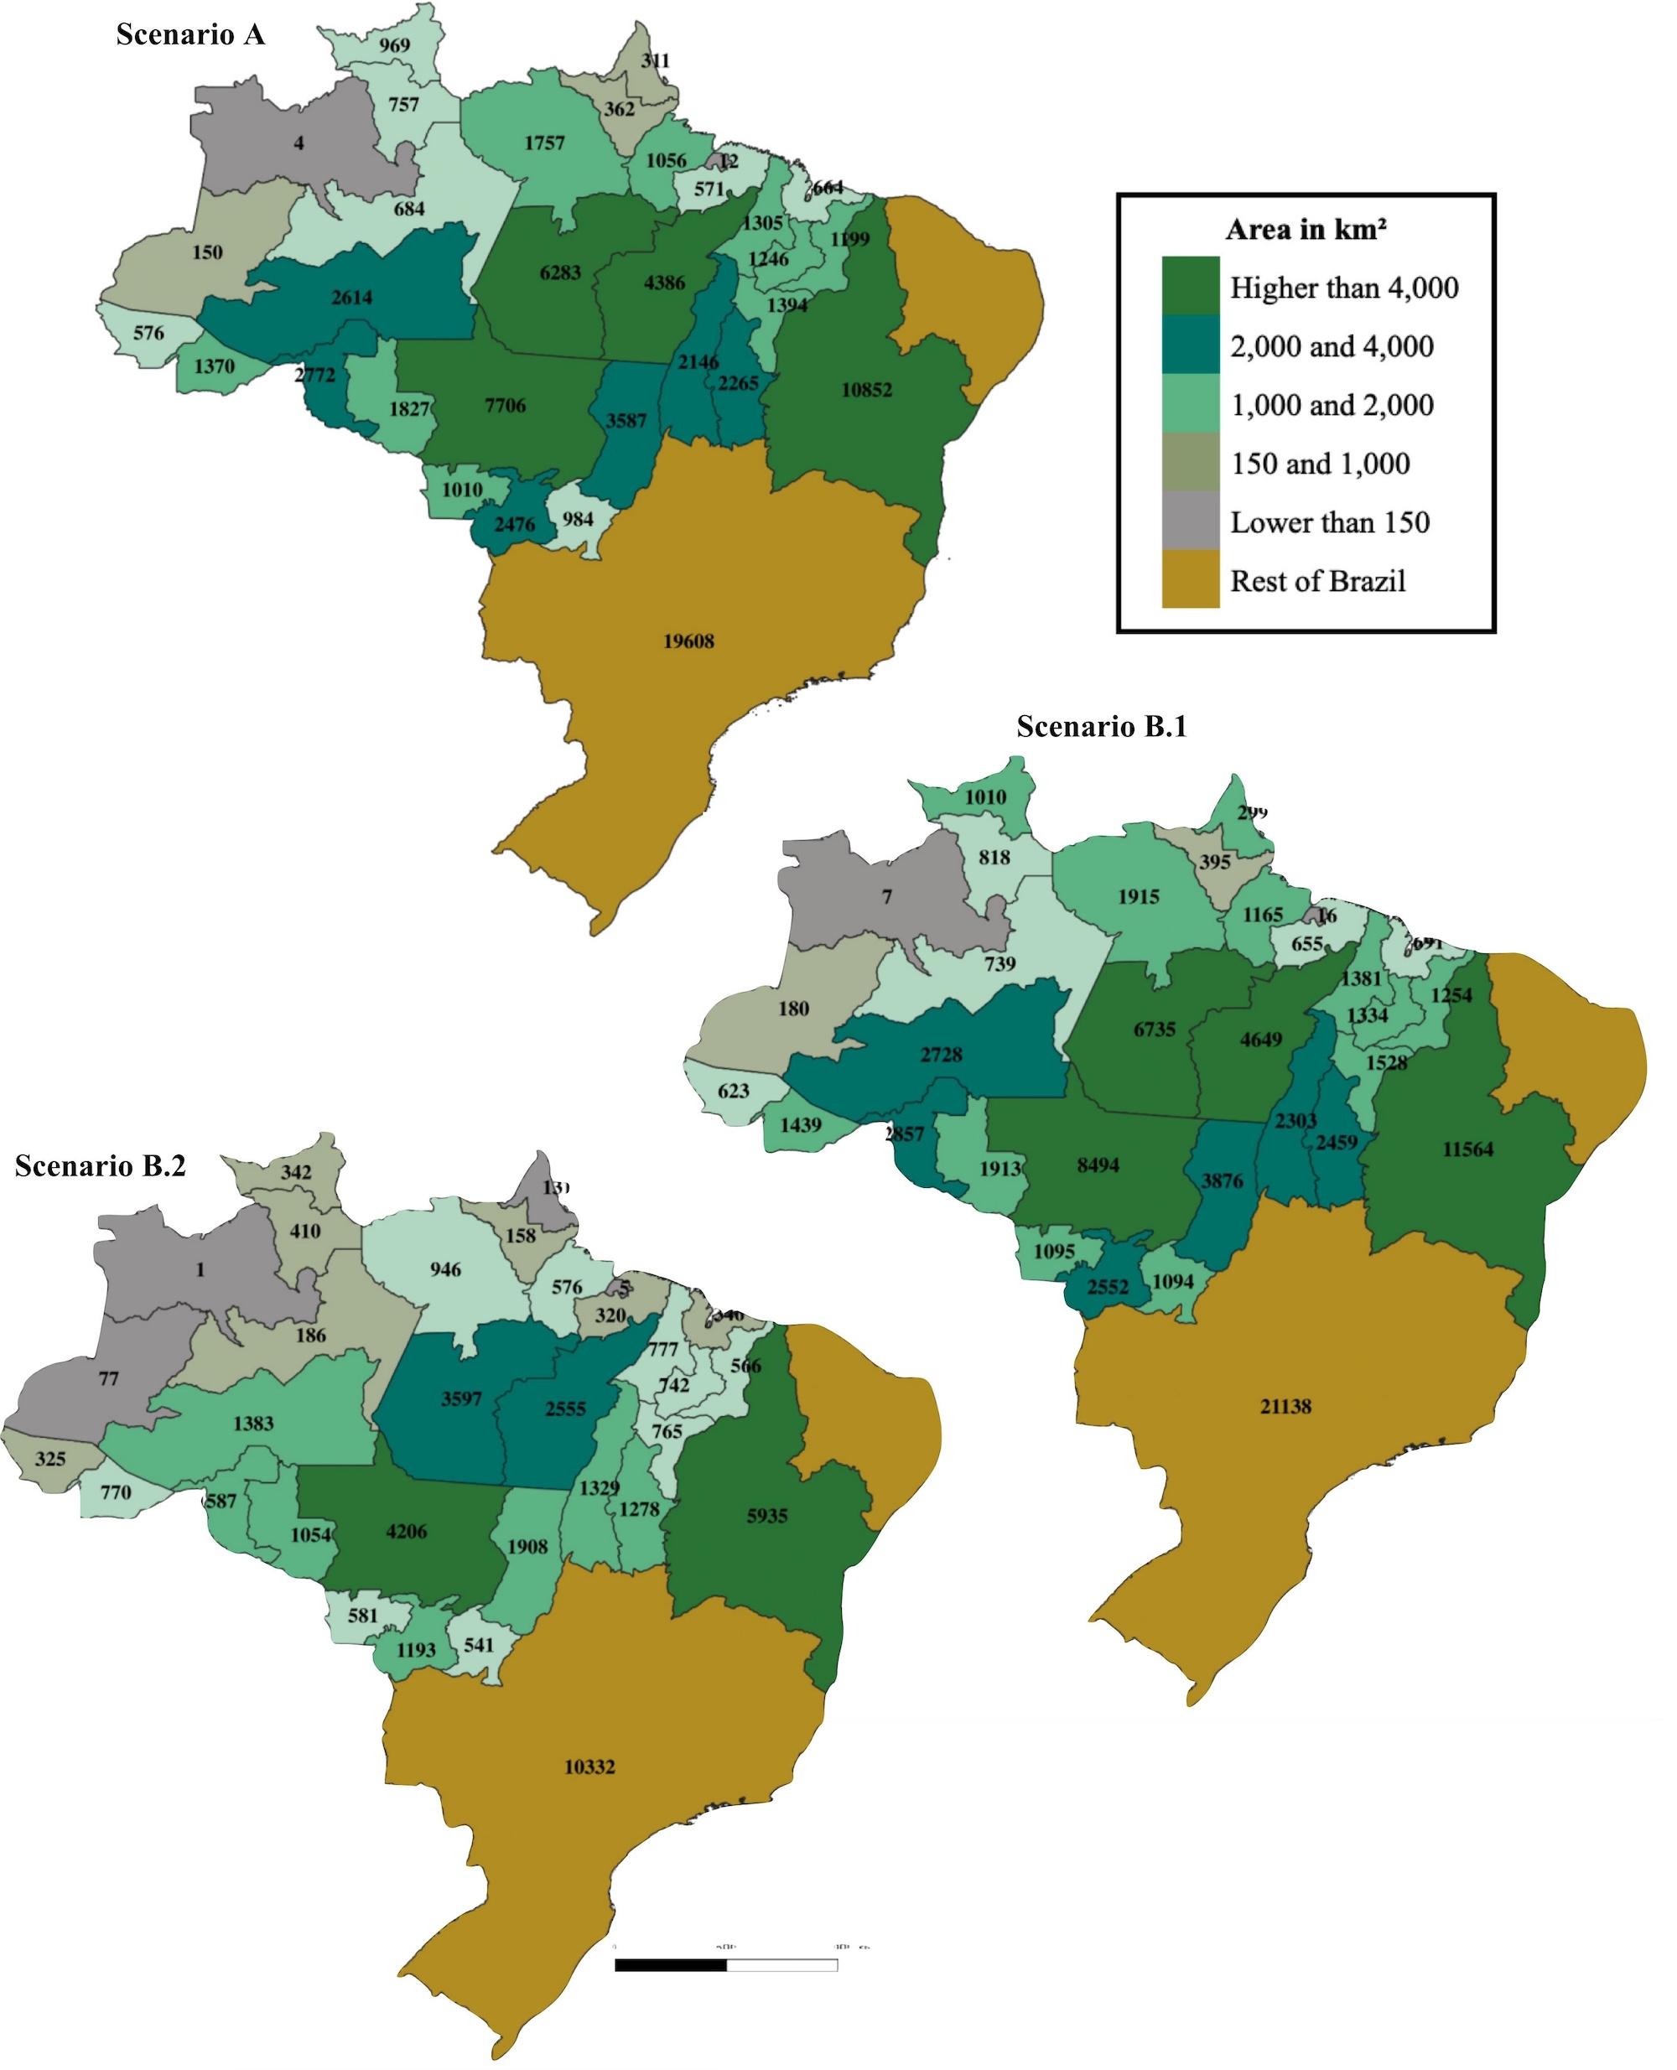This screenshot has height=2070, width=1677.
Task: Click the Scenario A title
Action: click(x=190, y=34)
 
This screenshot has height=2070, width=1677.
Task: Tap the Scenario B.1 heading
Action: click(x=1101, y=726)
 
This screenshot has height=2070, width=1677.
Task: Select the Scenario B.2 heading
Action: click(x=101, y=1166)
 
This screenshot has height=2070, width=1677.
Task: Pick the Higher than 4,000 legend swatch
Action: click(x=1189, y=286)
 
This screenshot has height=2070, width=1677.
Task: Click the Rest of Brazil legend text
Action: click(x=1317, y=580)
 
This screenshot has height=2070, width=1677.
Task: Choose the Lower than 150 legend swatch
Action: click(x=1189, y=521)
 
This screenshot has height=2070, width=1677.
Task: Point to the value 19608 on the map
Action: click(x=688, y=641)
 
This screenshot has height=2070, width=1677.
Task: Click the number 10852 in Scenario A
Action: click(x=866, y=390)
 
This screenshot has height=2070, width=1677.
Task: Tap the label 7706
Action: click(x=506, y=406)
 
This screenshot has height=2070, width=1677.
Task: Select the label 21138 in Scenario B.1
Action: click(x=1285, y=1406)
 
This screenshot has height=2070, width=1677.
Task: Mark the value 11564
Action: click(x=1467, y=1149)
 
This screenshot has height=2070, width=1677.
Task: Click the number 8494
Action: click(x=1098, y=1165)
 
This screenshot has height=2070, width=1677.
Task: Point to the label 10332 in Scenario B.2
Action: click(x=589, y=1767)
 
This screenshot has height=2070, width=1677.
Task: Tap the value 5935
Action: click(x=767, y=1516)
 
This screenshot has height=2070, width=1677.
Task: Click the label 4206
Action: click(x=406, y=1531)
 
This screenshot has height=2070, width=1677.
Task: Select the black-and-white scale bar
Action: click(x=725, y=1964)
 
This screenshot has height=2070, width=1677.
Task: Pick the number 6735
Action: click(x=1155, y=1030)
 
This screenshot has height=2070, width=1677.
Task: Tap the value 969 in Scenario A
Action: click(x=394, y=45)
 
